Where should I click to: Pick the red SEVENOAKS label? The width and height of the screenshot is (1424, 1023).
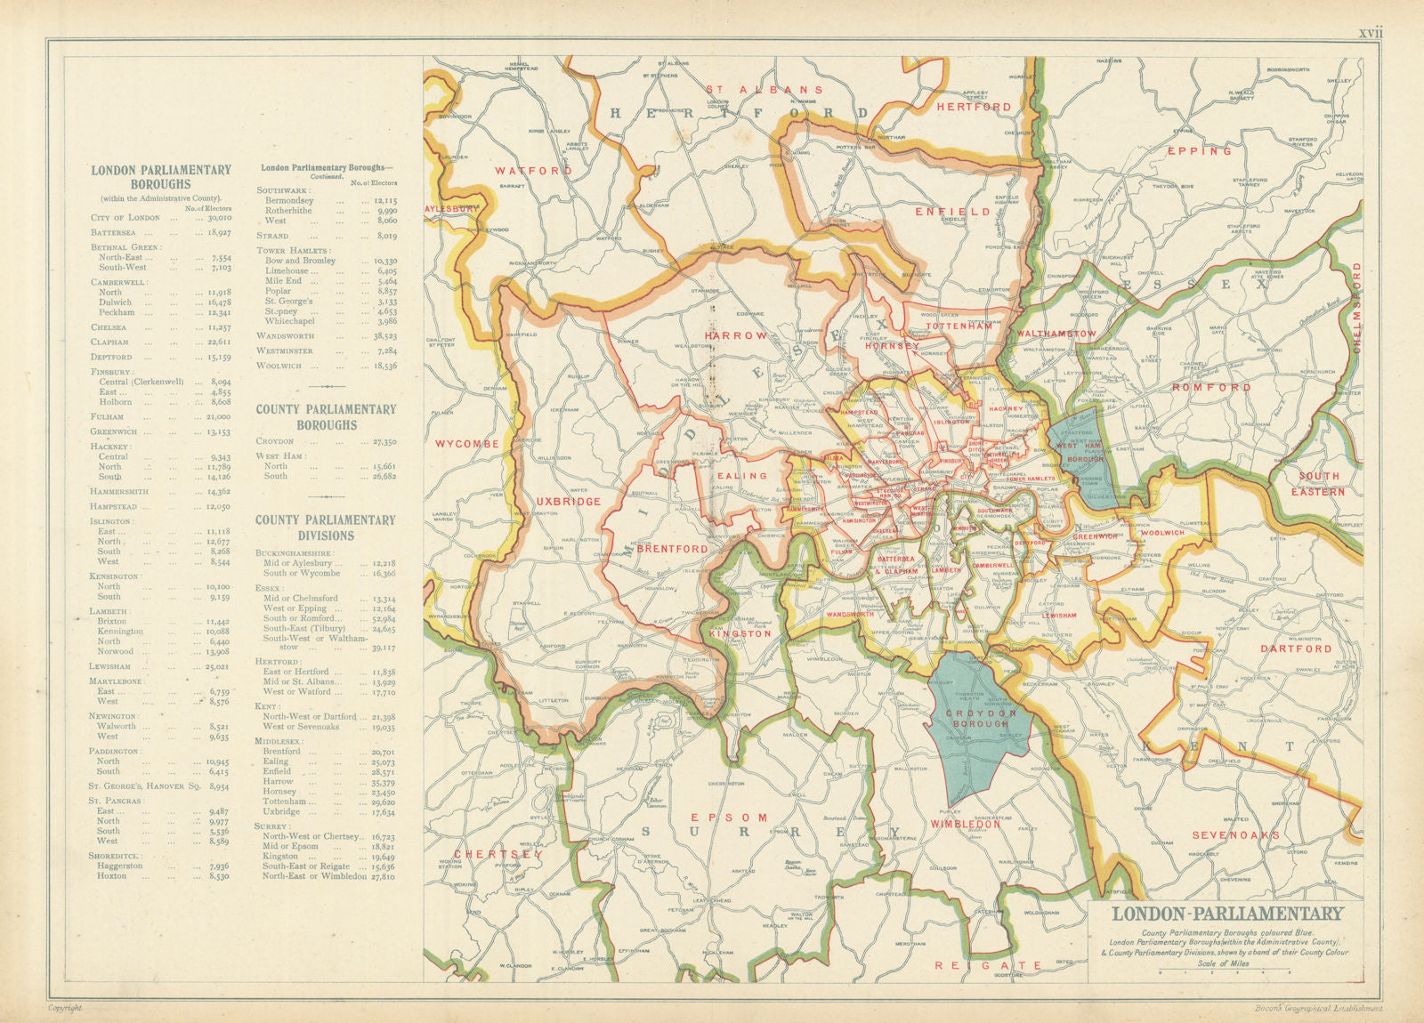[1235, 835]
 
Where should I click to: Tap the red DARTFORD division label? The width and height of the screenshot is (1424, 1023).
[1296, 648]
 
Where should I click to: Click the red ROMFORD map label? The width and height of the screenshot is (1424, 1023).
[1211, 388]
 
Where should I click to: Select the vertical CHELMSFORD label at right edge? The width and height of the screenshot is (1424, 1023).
[1357, 308]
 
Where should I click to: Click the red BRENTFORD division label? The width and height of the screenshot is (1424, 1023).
[672, 549]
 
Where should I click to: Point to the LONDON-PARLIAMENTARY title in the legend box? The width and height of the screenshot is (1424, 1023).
[1227, 914]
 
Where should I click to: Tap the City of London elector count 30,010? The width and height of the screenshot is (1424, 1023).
[217, 218]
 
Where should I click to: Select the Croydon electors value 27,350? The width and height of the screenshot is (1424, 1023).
[384, 441]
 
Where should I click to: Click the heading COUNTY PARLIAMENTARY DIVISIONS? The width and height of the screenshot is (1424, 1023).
[326, 528]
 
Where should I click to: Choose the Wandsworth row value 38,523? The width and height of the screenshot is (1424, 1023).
[384, 336]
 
